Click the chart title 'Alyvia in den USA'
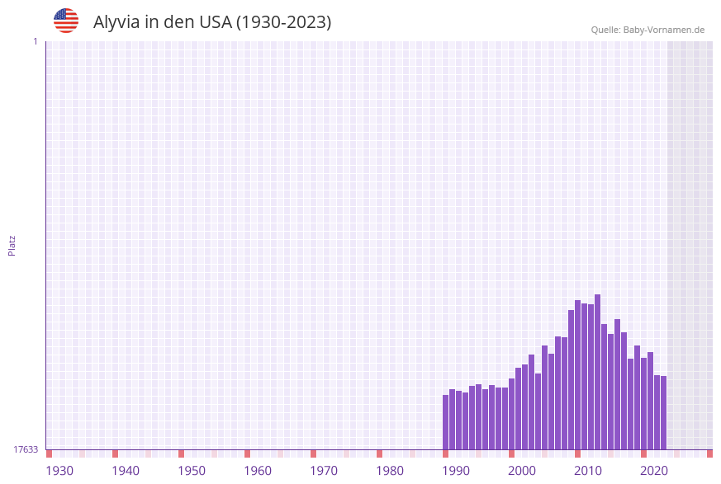pyautogui.click(x=212, y=22)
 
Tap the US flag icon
pyautogui.click(x=66, y=21)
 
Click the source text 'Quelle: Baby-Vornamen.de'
pyautogui.click(x=647, y=30)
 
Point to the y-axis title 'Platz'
pyautogui.click(x=12, y=245)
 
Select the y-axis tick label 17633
pyautogui.click(x=26, y=449)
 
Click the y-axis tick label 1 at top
pyautogui.click(x=35, y=41)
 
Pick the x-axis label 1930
pyautogui.click(x=59, y=471)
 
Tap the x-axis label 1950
pyautogui.click(x=192, y=471)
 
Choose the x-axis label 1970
pyautogui.click(x=324, y=471)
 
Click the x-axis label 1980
pyautogui.click(x=390, y=471)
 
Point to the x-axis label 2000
pyautogui.click(x=522, y=471)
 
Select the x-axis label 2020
pyautogui.click(x=654, y=471)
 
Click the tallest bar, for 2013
pyautogui.click(x=597, y=372)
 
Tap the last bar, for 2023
pyautogui.click(x=663, y=412)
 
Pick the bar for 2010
pyautogui.click(x=577, y=375)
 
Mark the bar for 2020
pyautogui.click(x=643, y=403)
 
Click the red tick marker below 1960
pyautogui.click(x=247, y=453)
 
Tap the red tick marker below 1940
pyautogui.click(x=115, y=453)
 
